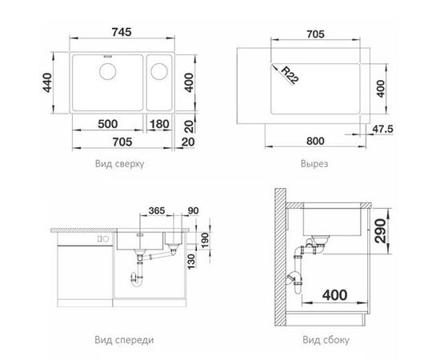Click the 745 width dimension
(122, 32)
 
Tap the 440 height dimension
(47, 82)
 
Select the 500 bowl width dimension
(107, 124)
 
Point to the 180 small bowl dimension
(159, 124)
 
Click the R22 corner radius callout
(289, 75)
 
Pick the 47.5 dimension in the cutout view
(382, 129)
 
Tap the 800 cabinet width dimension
(315, 141)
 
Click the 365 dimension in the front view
(157, 210)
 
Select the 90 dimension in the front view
(193, 210)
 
